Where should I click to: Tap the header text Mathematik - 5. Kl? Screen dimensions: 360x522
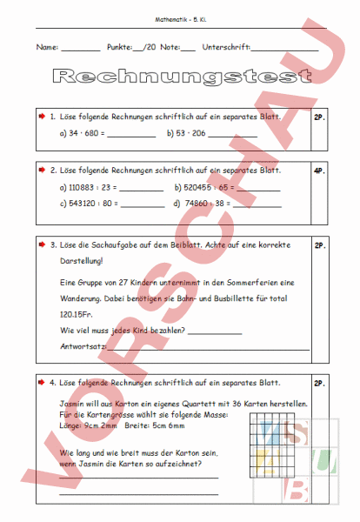tap(180, 19)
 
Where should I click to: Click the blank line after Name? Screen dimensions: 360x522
tap(81, 49)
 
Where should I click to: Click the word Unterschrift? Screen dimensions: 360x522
tap(226, 47)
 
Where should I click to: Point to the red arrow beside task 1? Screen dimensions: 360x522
tap(42, 116)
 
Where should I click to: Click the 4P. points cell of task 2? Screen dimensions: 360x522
tap(319, 171)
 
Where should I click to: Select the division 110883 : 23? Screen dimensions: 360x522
tap(88, 188)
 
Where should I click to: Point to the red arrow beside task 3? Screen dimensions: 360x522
tap(42, 244)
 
